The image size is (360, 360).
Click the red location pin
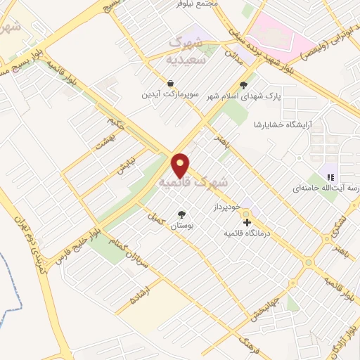[x=181, y=165]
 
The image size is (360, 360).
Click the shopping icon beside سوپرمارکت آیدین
[x=170, y=82]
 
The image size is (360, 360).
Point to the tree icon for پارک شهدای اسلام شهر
[x=244, y=86]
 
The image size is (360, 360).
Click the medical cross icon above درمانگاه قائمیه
[x=247, y=222]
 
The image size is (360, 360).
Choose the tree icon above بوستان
[x=183, y=215]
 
